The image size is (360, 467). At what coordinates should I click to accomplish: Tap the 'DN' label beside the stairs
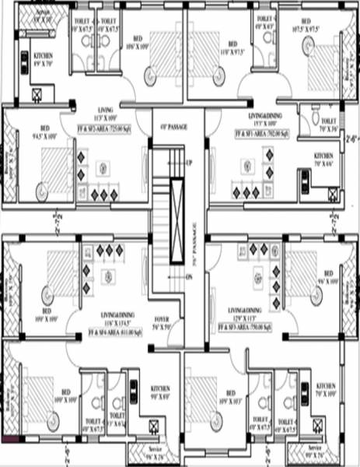point(189,276)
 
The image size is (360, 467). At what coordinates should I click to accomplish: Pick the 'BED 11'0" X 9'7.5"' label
point(231,47)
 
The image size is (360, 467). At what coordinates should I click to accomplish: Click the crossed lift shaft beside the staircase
point(177,210)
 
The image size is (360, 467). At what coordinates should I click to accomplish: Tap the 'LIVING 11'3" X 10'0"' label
point(106,114)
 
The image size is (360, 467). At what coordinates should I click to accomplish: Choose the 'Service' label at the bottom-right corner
point(314,451)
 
